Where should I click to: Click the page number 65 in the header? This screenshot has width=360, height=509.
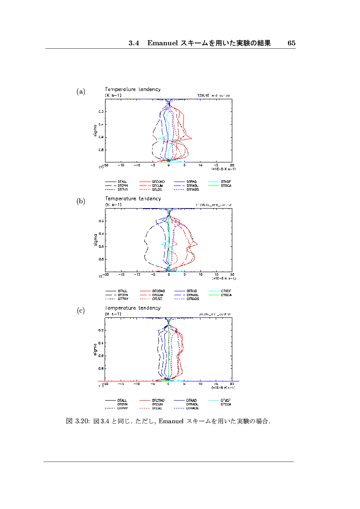coord(292,43)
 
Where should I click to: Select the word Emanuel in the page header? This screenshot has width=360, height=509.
coord(162,43)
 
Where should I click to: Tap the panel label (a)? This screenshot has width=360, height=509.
coord(81,91)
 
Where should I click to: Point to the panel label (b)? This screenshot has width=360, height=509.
coord(81,201)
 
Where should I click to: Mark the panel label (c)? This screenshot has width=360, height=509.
coord(81,310)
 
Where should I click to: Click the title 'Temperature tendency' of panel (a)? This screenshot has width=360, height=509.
coord(132,89)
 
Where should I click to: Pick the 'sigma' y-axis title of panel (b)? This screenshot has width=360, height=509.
coord(95,240)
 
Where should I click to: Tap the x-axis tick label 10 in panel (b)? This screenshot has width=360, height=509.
coord(200,275)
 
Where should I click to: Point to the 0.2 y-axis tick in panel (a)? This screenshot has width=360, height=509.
coord(101,112)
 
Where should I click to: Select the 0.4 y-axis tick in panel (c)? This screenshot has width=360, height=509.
coord(101,343)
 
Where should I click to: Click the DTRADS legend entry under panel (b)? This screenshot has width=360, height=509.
coord(192,299)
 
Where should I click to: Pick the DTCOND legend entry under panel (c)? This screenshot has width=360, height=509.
coord(158,400)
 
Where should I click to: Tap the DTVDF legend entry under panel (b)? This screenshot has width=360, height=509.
coord(226,290)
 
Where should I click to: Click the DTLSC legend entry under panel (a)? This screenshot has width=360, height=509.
coord(157,190)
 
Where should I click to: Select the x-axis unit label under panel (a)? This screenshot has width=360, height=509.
coord(224,169)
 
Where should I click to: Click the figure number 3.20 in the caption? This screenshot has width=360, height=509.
coord(82,421)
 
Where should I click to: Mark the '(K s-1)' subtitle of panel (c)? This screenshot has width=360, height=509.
coord(112,313)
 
